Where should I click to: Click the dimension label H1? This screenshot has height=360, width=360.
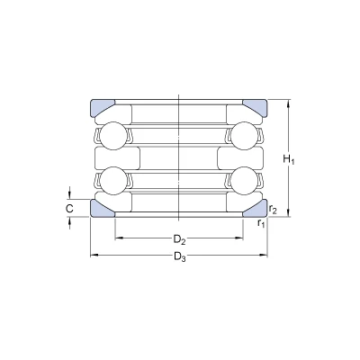(289, 159)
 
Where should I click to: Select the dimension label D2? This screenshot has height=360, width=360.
(179, 239)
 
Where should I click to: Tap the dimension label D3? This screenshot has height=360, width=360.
(180, 256)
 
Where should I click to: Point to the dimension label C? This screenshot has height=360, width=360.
(69, 208)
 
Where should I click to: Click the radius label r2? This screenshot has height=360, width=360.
(273, 210)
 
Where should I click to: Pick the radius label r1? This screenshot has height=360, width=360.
(261, 223)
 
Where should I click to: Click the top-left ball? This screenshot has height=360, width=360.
(112, 136)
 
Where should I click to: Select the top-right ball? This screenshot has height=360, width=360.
(245, 136)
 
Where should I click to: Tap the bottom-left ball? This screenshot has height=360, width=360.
(112, 180)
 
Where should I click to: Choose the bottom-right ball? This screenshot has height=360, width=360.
(245, 180)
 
